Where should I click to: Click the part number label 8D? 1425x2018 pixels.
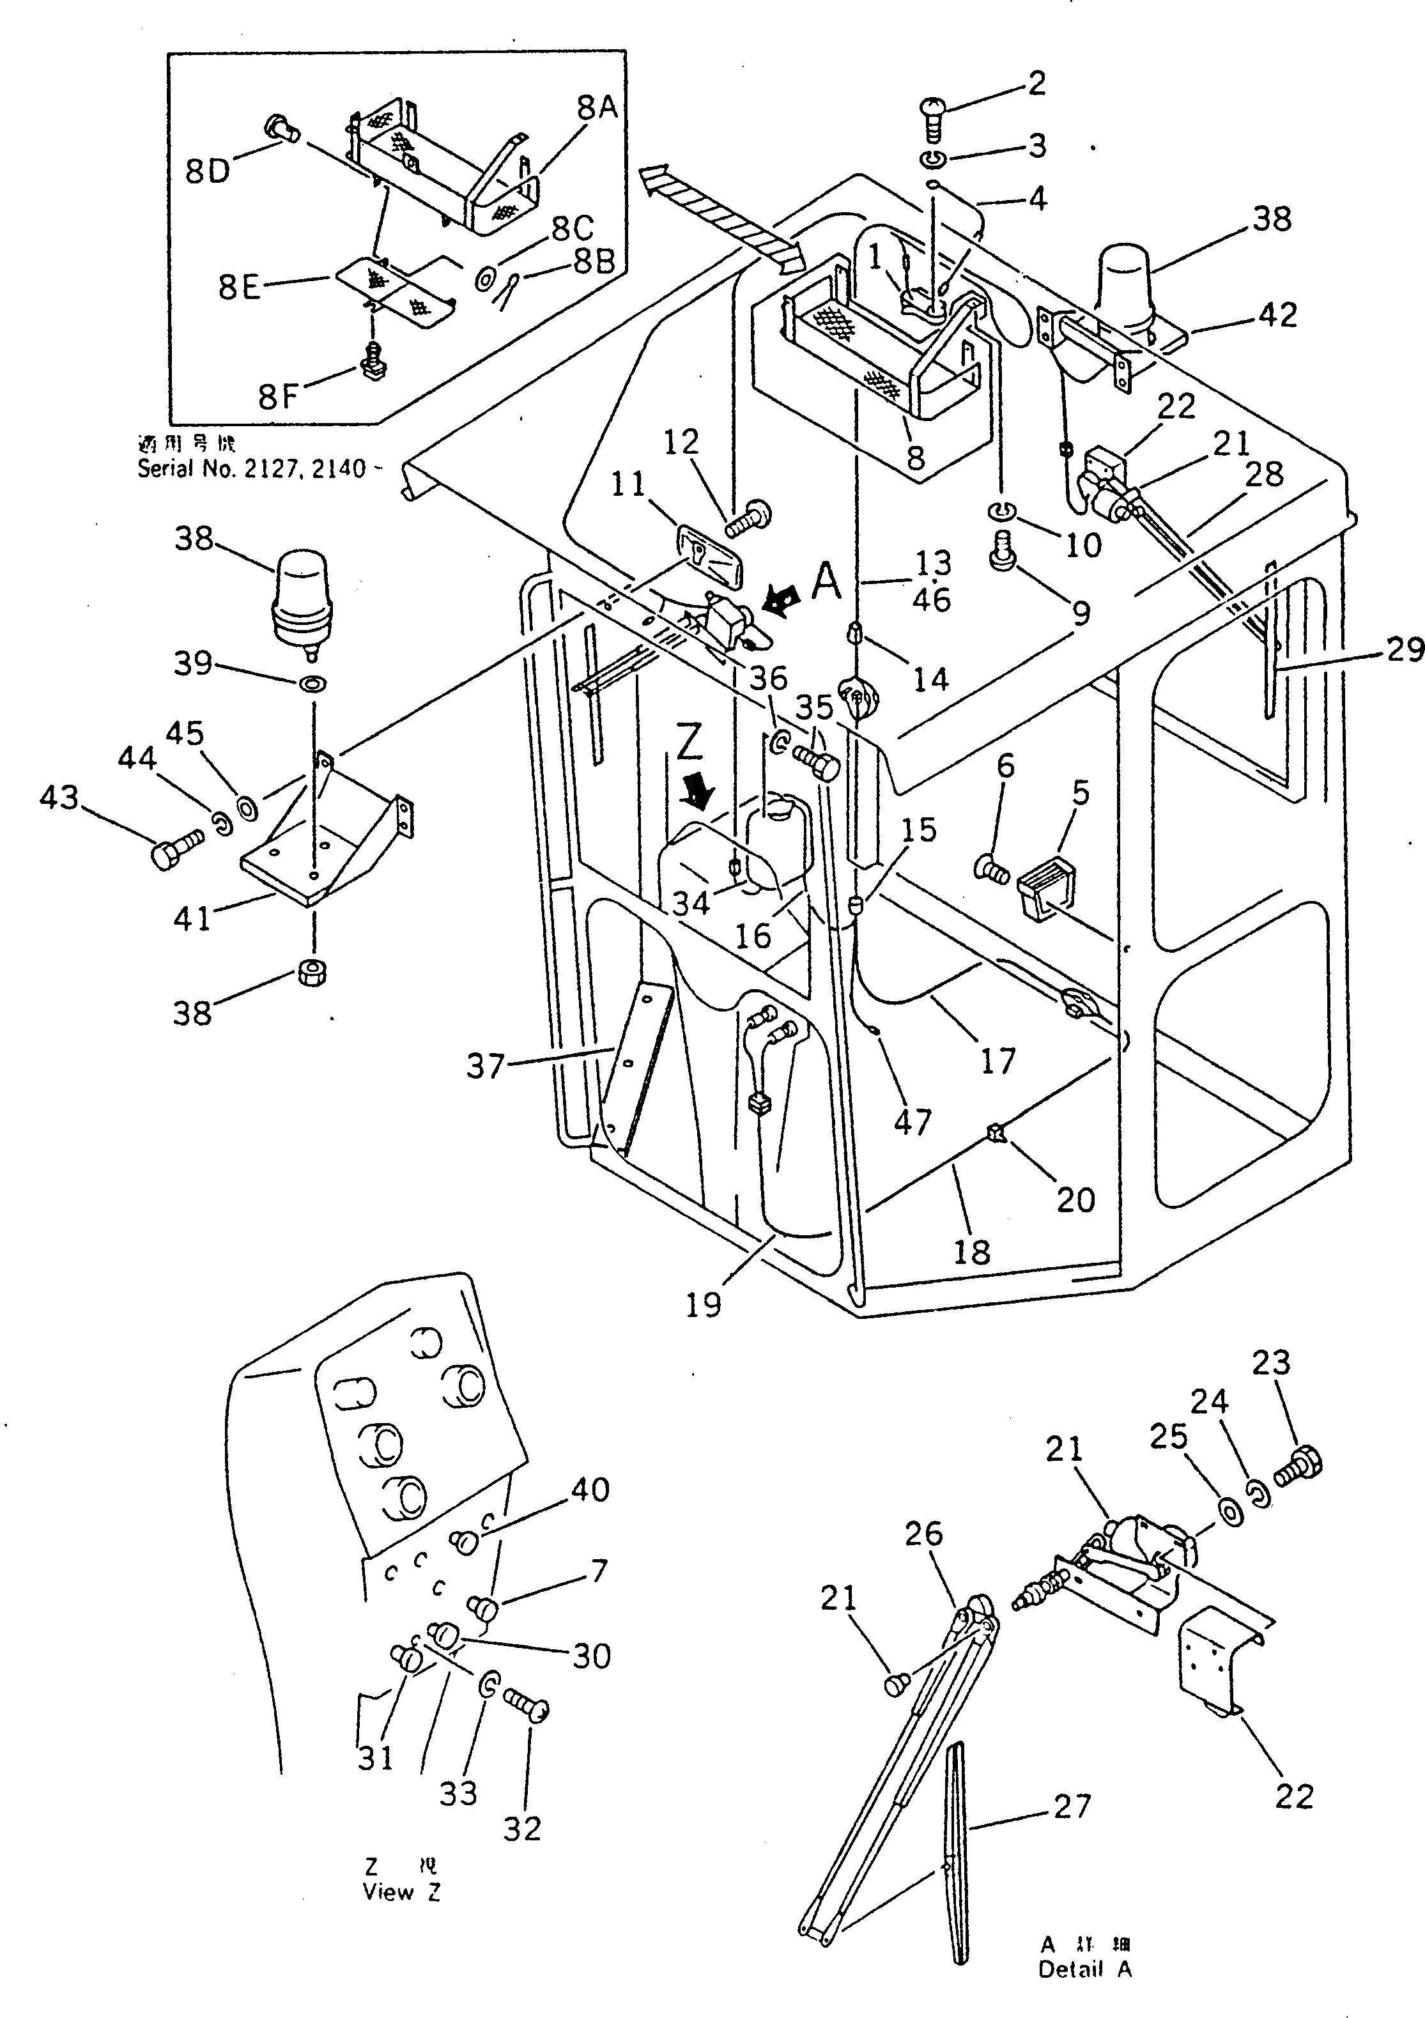click(208, 171)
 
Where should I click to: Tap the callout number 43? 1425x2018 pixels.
click(59, 797)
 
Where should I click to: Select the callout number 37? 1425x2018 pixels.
click(485, 1066)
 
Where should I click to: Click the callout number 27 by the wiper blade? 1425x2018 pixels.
click(1072, 1806)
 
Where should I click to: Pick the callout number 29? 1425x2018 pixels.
click(1404, 649)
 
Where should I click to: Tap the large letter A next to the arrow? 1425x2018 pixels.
click(826, 581)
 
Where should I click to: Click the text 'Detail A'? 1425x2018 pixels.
click(1085, 1969)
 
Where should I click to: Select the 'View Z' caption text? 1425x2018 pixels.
click(402, 1891)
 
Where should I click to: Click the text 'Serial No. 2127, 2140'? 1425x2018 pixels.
click(251, 468)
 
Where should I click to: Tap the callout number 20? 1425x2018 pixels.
click(1075, 1199)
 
